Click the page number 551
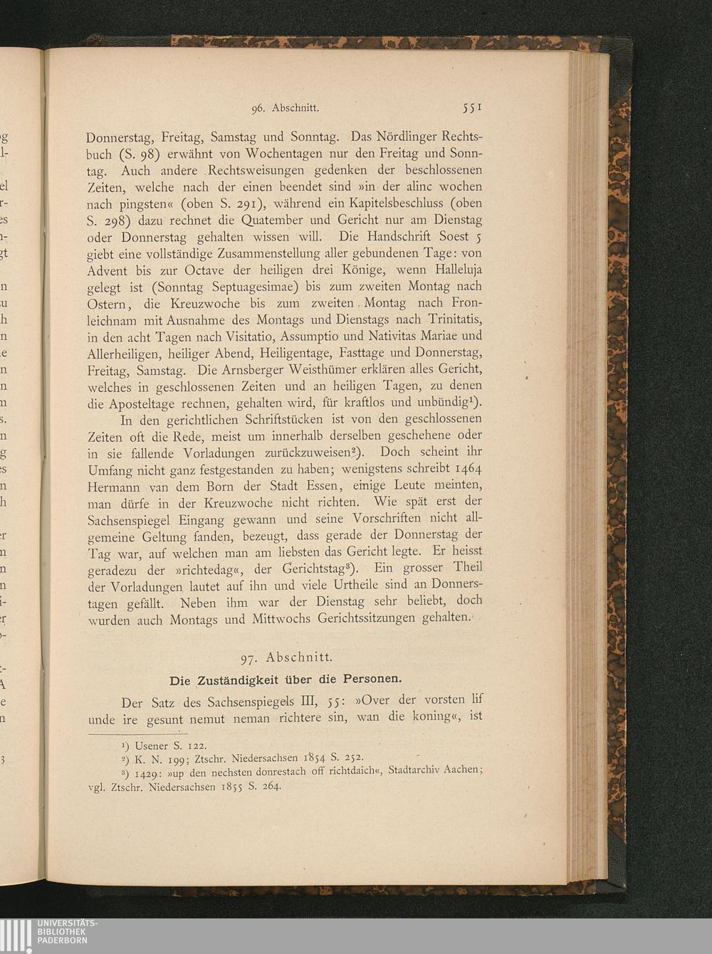[x=472, y=107]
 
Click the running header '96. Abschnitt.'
[x=285, y=109]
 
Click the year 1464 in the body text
[x=467, y=469]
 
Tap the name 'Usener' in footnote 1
[x=151, y=746]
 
